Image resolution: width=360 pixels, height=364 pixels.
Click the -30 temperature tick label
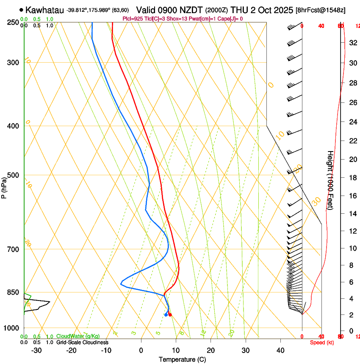[36, 350]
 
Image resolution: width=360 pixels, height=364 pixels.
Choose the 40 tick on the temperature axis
[280, 350]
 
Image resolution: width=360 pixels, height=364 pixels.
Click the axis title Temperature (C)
[182, 359]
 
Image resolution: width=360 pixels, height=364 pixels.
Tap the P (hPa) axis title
[4, 187]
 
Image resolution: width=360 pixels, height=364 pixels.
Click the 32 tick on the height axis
[353, 42]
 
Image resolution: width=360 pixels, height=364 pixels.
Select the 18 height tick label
[353, 178]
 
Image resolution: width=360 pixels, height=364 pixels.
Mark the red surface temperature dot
[170, 314]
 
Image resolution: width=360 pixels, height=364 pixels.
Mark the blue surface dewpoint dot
[166, 314]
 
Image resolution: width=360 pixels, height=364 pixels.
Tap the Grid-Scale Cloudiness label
[82, 342]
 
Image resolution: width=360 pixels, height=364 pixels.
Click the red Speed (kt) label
[322, 342]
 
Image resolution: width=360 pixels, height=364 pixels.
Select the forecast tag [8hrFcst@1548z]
[320, 10]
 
